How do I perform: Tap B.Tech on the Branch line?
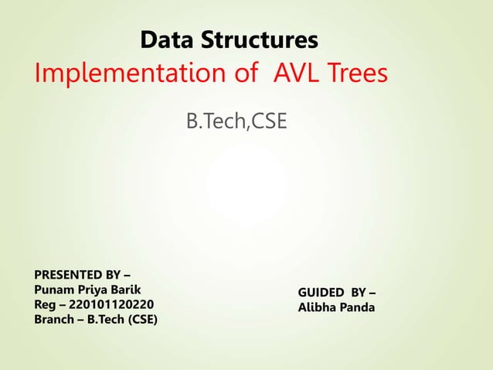[x=100, y=319]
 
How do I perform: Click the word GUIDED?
[x=321, y=293]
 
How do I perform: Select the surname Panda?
[x=359, y=307]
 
